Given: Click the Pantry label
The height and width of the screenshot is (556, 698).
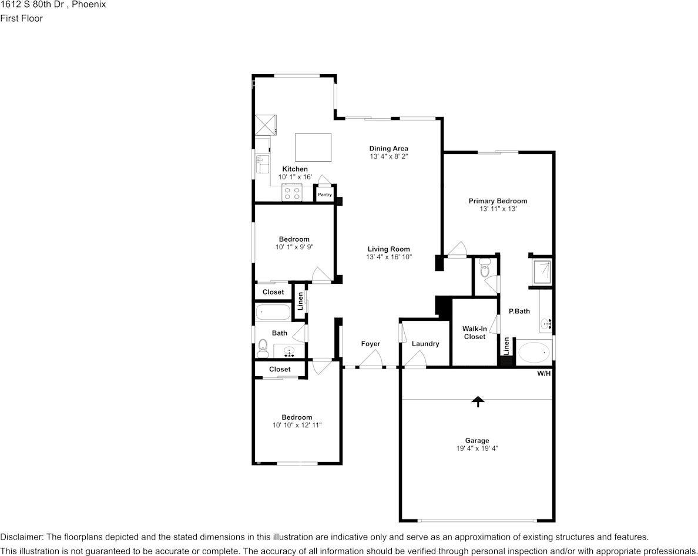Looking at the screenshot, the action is point(325,195).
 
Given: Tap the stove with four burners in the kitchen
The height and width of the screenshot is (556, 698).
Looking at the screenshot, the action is point(292,193).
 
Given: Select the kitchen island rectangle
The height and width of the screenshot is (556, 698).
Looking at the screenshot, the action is point(313,148).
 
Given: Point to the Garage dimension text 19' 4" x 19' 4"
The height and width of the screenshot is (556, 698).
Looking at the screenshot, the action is point(477,448).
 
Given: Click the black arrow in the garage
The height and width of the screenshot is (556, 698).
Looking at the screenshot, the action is point(478,401).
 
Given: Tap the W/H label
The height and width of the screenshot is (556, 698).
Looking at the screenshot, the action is point(544,373).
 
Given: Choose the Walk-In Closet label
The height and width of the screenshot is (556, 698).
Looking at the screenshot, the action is point(475,333).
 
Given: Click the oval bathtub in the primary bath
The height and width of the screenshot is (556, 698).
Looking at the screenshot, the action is point(534,353).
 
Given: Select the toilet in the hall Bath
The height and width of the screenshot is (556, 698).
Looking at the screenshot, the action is point(263,348).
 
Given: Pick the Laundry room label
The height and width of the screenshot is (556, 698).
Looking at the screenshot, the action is point(425,344).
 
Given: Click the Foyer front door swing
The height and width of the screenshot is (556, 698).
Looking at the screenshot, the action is point(371,359).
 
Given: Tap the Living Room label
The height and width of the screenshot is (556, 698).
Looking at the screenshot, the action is point(388,249).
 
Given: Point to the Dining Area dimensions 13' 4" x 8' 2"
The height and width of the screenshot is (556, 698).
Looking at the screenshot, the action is point(389,157).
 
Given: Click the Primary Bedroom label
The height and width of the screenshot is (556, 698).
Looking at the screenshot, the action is point(498,201).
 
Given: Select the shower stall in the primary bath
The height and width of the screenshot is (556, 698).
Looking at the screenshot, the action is point(542,272).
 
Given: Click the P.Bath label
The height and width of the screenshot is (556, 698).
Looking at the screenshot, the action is point(519,312).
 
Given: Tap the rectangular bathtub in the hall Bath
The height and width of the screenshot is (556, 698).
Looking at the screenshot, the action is point(273,312).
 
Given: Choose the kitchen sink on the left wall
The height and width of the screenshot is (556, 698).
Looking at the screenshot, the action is point(263,164).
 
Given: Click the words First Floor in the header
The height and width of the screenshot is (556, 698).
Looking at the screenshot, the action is point(21,18).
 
